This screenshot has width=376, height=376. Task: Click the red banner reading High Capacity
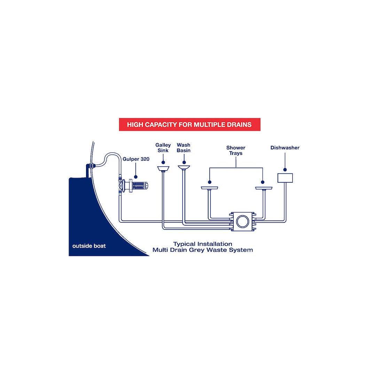pyautogui.click(x=189, y=124)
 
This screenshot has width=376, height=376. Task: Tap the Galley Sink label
pyautogui.click(x=163, y=148)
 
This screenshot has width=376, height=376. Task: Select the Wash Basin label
pyautogui.click(x=183, y=148)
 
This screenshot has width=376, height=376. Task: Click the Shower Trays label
pyautogui.click(x=236, y=150)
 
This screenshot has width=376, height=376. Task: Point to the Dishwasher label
pyautogui.click(x=285, y=148)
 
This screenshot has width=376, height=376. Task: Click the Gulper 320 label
pyautogui.click(x=136, y=159)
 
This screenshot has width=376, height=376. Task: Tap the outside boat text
pyautogui.click(x=89, y=246)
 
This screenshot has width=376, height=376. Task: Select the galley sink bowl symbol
pyautogui.click(x=163, y=169)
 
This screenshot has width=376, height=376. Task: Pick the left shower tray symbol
pyautogui.click(x=209, y=188)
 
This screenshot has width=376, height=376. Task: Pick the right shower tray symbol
pyautogui.click(x=264, y=188)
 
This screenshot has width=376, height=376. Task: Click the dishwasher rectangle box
pyautogui.click(x=285, y=178)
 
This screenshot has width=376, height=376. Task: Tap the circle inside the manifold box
pyautogui.click(x=242, y=221)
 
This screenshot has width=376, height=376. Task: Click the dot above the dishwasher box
pyautogui.click(x=285, y=170)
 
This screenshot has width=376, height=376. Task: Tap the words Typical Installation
pyautogui.click(x=203, y=244)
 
